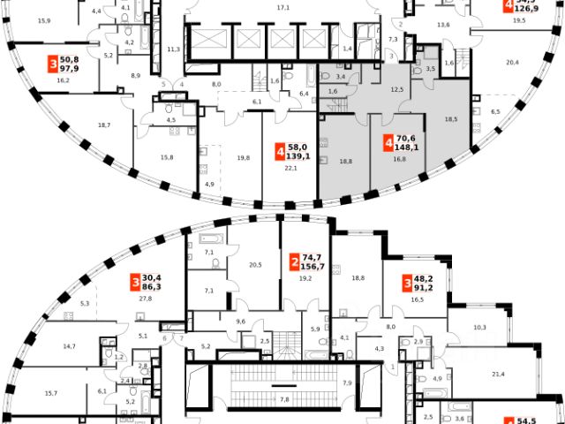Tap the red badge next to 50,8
tap(55, 64)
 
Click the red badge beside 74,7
tap(292, 262)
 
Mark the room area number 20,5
tap(256, 264)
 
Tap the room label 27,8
tap(146, 299)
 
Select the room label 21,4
tap(498, 375)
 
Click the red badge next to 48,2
tap(407, 284)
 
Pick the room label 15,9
tap(43, 18)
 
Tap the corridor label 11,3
tap(173, 49)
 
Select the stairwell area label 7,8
tap(284, 399)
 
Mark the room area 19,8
tap(243, 158)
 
